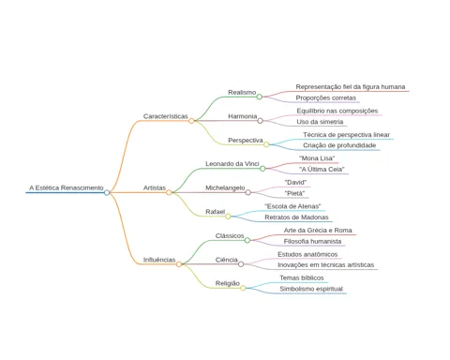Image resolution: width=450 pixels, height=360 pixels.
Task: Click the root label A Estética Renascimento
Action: click(67, 187)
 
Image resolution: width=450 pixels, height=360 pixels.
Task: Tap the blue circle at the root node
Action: click(107, 192)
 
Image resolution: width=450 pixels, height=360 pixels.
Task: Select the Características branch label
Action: click(166, 116)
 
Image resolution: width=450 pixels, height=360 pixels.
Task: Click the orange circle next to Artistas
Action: click(169, 192)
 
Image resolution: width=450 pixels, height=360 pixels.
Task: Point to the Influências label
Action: click(159, 260)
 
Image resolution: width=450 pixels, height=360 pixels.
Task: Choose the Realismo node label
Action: click(242, 92)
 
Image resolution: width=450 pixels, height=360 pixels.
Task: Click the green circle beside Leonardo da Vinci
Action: click(262, 169)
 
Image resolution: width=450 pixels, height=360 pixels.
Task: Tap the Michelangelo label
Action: click(225, 187)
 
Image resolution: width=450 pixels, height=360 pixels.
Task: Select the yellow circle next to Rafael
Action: click(228, 217)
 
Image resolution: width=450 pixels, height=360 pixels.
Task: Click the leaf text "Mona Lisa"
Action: click(317, 158)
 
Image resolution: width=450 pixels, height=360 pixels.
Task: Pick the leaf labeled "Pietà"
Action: click(294, 193)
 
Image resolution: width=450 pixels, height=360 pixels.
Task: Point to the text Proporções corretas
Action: click(326, 97)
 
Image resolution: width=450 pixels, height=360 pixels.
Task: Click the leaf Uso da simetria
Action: click(320, 122)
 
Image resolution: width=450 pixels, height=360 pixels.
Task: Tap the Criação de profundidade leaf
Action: click(339, 145)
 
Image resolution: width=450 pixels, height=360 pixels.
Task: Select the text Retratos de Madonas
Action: click(296, 217)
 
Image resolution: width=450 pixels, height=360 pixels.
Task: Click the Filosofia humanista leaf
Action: click(312, 241)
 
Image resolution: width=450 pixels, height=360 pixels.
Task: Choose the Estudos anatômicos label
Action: click(307, 254)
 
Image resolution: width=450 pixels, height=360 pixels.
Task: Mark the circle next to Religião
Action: click(243, 288)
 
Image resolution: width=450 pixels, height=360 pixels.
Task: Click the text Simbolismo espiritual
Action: click(311, 289)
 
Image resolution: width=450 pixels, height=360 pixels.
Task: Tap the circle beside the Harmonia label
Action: click(260, 121)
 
